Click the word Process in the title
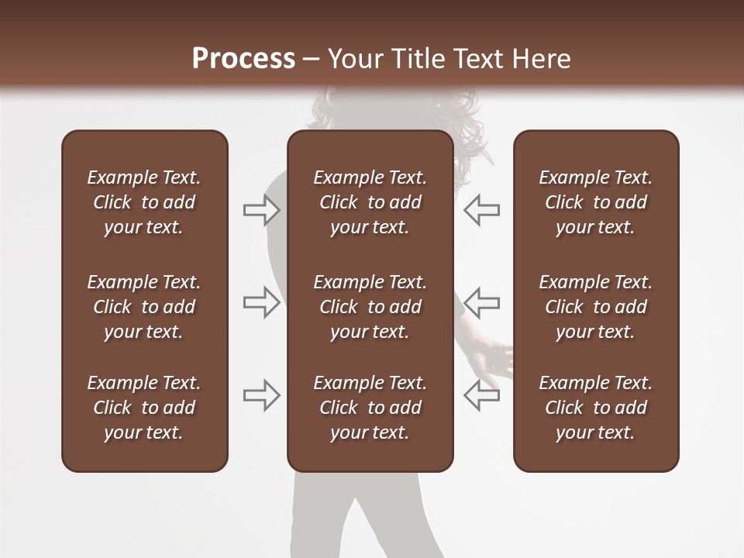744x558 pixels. pyautogui.click(x=243, y=59)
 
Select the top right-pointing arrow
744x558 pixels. pyautogui.click(x=262, y=209)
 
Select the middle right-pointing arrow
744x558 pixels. pyautogui.click(x=262, y=302)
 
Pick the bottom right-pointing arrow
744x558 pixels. pyautogui.click(x=262, y=395)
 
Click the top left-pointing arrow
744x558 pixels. pyautogui.click(x=481, y=209)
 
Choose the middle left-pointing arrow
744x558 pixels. pyautogui.click(x=481, y=302)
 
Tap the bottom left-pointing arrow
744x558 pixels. pyautogui.click(x=481, y=395)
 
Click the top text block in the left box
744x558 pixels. pyautogui.click(x=144, y=202)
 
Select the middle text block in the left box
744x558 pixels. pyautogui.click(x=144, y=307)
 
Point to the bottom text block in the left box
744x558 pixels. pyautogui.click(x=144, y=408)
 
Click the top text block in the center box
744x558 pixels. pyautogui.click(x=370, y=202)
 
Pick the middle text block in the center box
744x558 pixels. pyautogui.click(x=370, y=307)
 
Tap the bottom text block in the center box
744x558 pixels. pyautogui.click(x=370, y=408)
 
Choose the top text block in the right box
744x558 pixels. pyautogui.click(x=596, y=202)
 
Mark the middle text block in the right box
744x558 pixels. pyautogui.click(x=596, y=307)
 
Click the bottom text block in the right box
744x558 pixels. pyautogui.click(x=596, y=408)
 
